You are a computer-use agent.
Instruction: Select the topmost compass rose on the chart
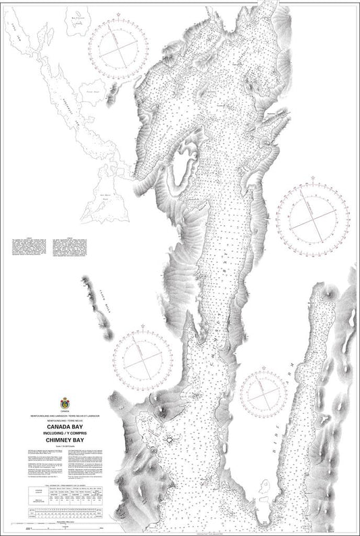(x=119, y=49)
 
